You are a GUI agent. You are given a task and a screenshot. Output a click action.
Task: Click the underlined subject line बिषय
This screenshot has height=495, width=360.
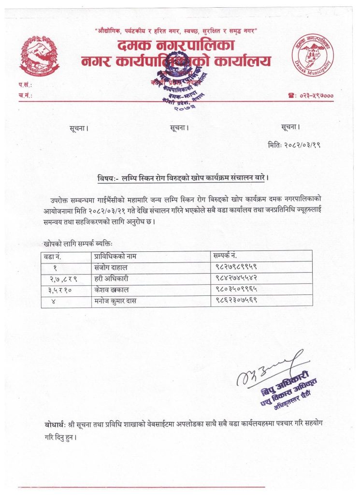click(183, 177)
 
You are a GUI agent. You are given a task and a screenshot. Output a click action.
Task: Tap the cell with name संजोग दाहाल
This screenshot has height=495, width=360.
click(111, 267)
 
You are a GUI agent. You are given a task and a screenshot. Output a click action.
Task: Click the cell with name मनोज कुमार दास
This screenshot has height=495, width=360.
click(115, 300)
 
